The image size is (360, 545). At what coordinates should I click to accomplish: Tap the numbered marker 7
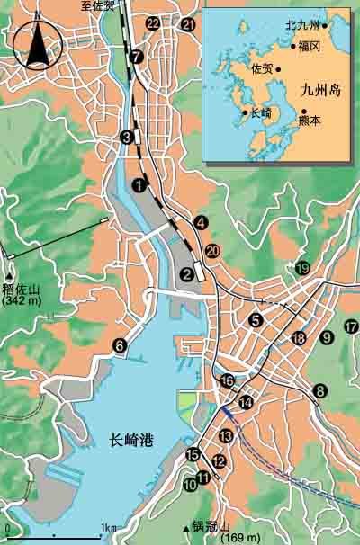point(136,56)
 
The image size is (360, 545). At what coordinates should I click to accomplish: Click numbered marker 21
point(187,24)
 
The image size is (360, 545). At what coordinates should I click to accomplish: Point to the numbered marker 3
point(127,137)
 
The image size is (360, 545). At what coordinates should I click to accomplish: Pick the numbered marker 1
point(139,184)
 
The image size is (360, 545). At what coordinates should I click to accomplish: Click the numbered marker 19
point(303,268)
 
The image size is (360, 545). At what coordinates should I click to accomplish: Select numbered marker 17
point(350,326)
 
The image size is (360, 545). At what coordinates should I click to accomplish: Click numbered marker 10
point(189,484)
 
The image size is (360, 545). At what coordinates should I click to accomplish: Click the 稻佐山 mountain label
point(22,290)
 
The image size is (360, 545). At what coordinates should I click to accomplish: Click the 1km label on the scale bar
point(108,527)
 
